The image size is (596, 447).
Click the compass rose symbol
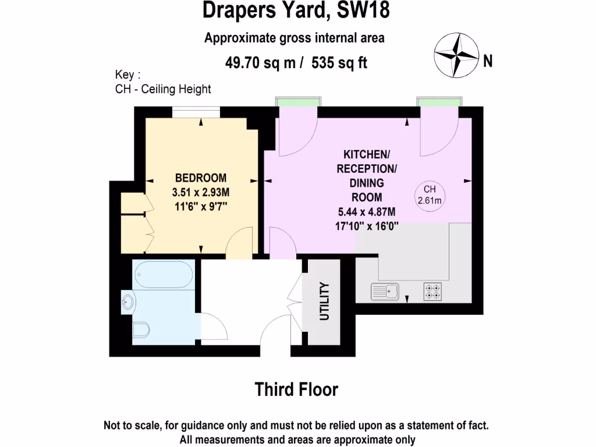[456, 54]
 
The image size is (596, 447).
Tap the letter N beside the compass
[488, 61]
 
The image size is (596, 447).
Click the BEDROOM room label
[201, 178]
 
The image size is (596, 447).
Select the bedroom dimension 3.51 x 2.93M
[201, 191]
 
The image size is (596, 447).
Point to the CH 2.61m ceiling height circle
[430, 195]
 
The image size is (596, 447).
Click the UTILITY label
[324, 301]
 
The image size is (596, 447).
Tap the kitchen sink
[385, 291]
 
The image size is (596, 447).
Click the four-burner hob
[432, 291]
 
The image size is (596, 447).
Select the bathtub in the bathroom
[162, 275]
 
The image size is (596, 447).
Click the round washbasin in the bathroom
[129, 301]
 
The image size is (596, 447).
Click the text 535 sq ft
[339, 63]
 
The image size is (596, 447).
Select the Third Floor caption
[296, 389]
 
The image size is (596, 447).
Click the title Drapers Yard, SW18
[296, 11]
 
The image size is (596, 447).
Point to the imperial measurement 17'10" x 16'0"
[367, 226]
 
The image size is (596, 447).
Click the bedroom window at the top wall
[196, 112]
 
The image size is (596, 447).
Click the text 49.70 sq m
[261, 63]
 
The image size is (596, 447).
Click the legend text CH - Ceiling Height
[164, 89]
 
